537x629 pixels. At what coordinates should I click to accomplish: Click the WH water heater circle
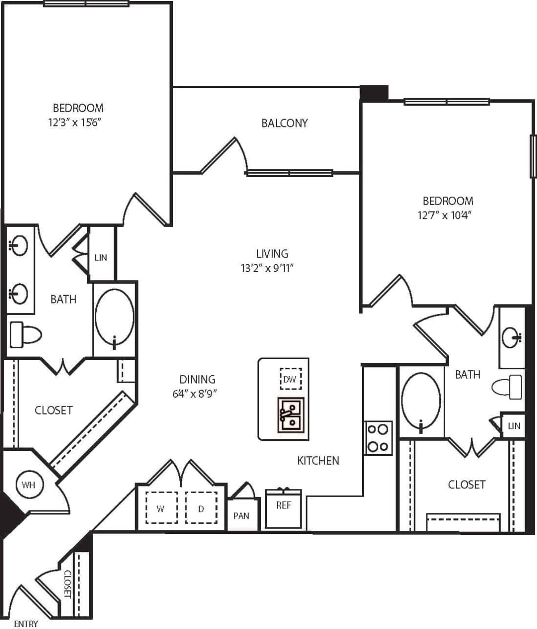click(28, 485)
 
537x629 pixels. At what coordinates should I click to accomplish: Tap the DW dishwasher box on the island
click(290, 379)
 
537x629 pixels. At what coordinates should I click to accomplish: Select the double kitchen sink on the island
click(290, 415)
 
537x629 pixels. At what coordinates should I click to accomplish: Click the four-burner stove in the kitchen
click(378, 438)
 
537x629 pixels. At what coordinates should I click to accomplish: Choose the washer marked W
click(161, 508)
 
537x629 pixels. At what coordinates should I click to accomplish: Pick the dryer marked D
click(201, 508)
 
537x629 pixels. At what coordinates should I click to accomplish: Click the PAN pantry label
click(241, 515)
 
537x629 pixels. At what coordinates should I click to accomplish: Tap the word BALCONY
click(284, 123)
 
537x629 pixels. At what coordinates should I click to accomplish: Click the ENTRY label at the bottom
click(26, 624)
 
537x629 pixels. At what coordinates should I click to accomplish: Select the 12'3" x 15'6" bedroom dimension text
click(78, 122)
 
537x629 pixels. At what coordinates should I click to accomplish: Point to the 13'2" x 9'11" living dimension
click(271, 268)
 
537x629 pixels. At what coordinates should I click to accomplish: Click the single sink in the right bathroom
click(512, 337)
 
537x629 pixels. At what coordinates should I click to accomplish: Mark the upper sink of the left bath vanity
click(19, 245)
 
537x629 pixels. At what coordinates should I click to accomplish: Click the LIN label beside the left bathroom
click(101, 257)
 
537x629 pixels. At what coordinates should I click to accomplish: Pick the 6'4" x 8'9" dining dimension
click(197, 393)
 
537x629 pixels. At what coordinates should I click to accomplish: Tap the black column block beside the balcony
click(374, 92)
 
